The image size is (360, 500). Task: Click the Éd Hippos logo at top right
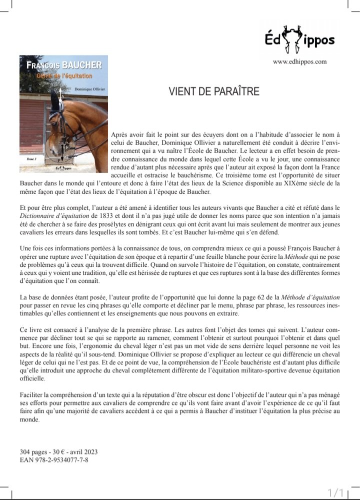click(299, 40)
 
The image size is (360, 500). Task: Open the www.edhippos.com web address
click(299, 62)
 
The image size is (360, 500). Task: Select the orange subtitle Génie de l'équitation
click(64, 76)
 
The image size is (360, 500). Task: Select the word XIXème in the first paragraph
click(279, 184)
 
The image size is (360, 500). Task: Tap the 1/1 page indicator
click(335, 492)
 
